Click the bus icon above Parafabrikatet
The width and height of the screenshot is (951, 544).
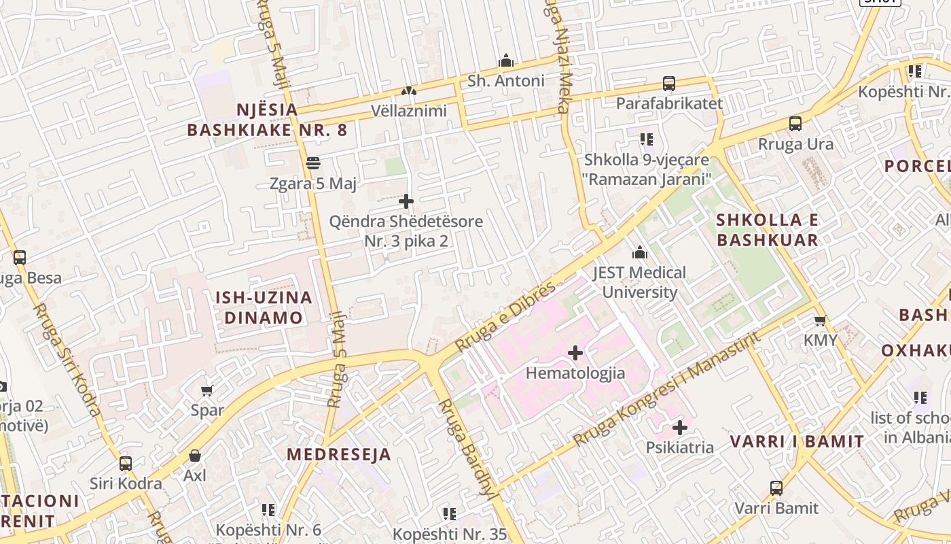point(669,84)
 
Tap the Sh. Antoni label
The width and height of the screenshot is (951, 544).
point(506,81)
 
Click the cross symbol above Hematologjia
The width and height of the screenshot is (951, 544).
point(575,353)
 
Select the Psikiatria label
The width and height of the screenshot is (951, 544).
point(679,447)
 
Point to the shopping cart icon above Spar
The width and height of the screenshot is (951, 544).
point(207,390)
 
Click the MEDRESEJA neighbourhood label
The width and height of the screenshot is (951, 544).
point(339,455)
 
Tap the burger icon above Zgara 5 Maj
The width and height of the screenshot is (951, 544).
point(313,163)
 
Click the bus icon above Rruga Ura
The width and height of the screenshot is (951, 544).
point(795,124)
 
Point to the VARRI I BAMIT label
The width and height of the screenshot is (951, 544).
point(797,441)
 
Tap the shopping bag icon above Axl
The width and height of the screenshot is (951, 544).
point(195,456)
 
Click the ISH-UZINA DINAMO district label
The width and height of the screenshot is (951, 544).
point(264,307)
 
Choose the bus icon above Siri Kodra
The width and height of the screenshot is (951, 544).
point(126,464)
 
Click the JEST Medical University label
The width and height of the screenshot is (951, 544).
point(639,282)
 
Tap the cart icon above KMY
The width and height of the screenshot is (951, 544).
point(821,320)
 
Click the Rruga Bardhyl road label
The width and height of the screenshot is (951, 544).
point(466,448)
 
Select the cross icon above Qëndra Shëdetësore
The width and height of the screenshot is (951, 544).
point(406,201)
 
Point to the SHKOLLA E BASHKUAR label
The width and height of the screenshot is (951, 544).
point(768,230)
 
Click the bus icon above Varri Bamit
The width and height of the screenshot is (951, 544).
point(776,488)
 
